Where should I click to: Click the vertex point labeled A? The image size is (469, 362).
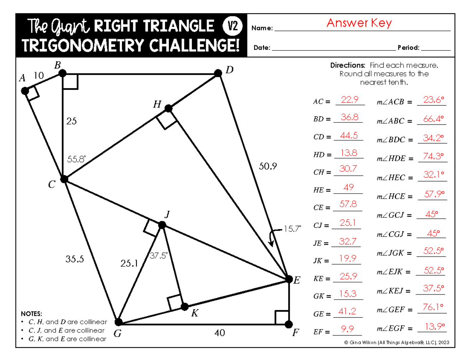[25, 91]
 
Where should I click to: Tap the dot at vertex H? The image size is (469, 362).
[168, 108]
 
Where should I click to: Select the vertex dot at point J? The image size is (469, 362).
[162, 225]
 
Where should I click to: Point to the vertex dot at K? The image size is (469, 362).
[184, 307]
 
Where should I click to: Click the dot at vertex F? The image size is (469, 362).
[288, 325]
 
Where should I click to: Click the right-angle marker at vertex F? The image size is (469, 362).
[282, 317]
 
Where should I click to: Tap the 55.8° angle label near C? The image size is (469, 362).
[76, 159]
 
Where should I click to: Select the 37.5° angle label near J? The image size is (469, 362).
[159, 255]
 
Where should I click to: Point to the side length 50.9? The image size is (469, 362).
[268, 166]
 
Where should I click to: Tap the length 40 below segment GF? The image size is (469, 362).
[219, 333]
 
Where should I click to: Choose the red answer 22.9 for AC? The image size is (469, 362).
[349, 100]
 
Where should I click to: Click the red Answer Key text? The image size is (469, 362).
[359, 23]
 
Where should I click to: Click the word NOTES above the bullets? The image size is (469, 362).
[33, 314]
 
